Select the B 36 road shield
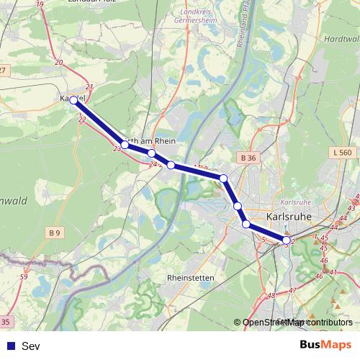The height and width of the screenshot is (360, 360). point(248,157)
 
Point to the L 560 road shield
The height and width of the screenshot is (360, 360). point(343,152)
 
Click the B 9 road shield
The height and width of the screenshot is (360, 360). point(55,232)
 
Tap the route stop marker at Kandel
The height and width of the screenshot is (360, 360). point(74,100)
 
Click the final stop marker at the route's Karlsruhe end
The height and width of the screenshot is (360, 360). point(287,240)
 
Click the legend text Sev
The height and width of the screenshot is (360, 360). point(30,346)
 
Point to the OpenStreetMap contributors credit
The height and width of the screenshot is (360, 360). point(297,323)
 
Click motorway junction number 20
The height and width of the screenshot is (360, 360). point(58,63)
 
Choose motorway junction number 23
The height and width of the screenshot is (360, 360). point(117,148)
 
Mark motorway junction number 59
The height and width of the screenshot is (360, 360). point(24,276)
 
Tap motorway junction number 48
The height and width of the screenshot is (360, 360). point(271,295)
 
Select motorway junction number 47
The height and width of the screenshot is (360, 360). point(292,289)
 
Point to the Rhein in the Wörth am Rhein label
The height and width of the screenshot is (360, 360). point(166,142)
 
